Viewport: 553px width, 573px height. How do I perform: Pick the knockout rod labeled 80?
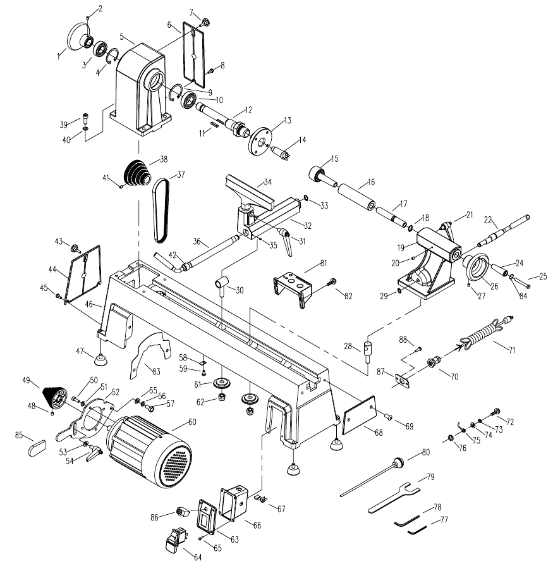373,475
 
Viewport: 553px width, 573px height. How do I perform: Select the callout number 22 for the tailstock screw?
488,219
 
